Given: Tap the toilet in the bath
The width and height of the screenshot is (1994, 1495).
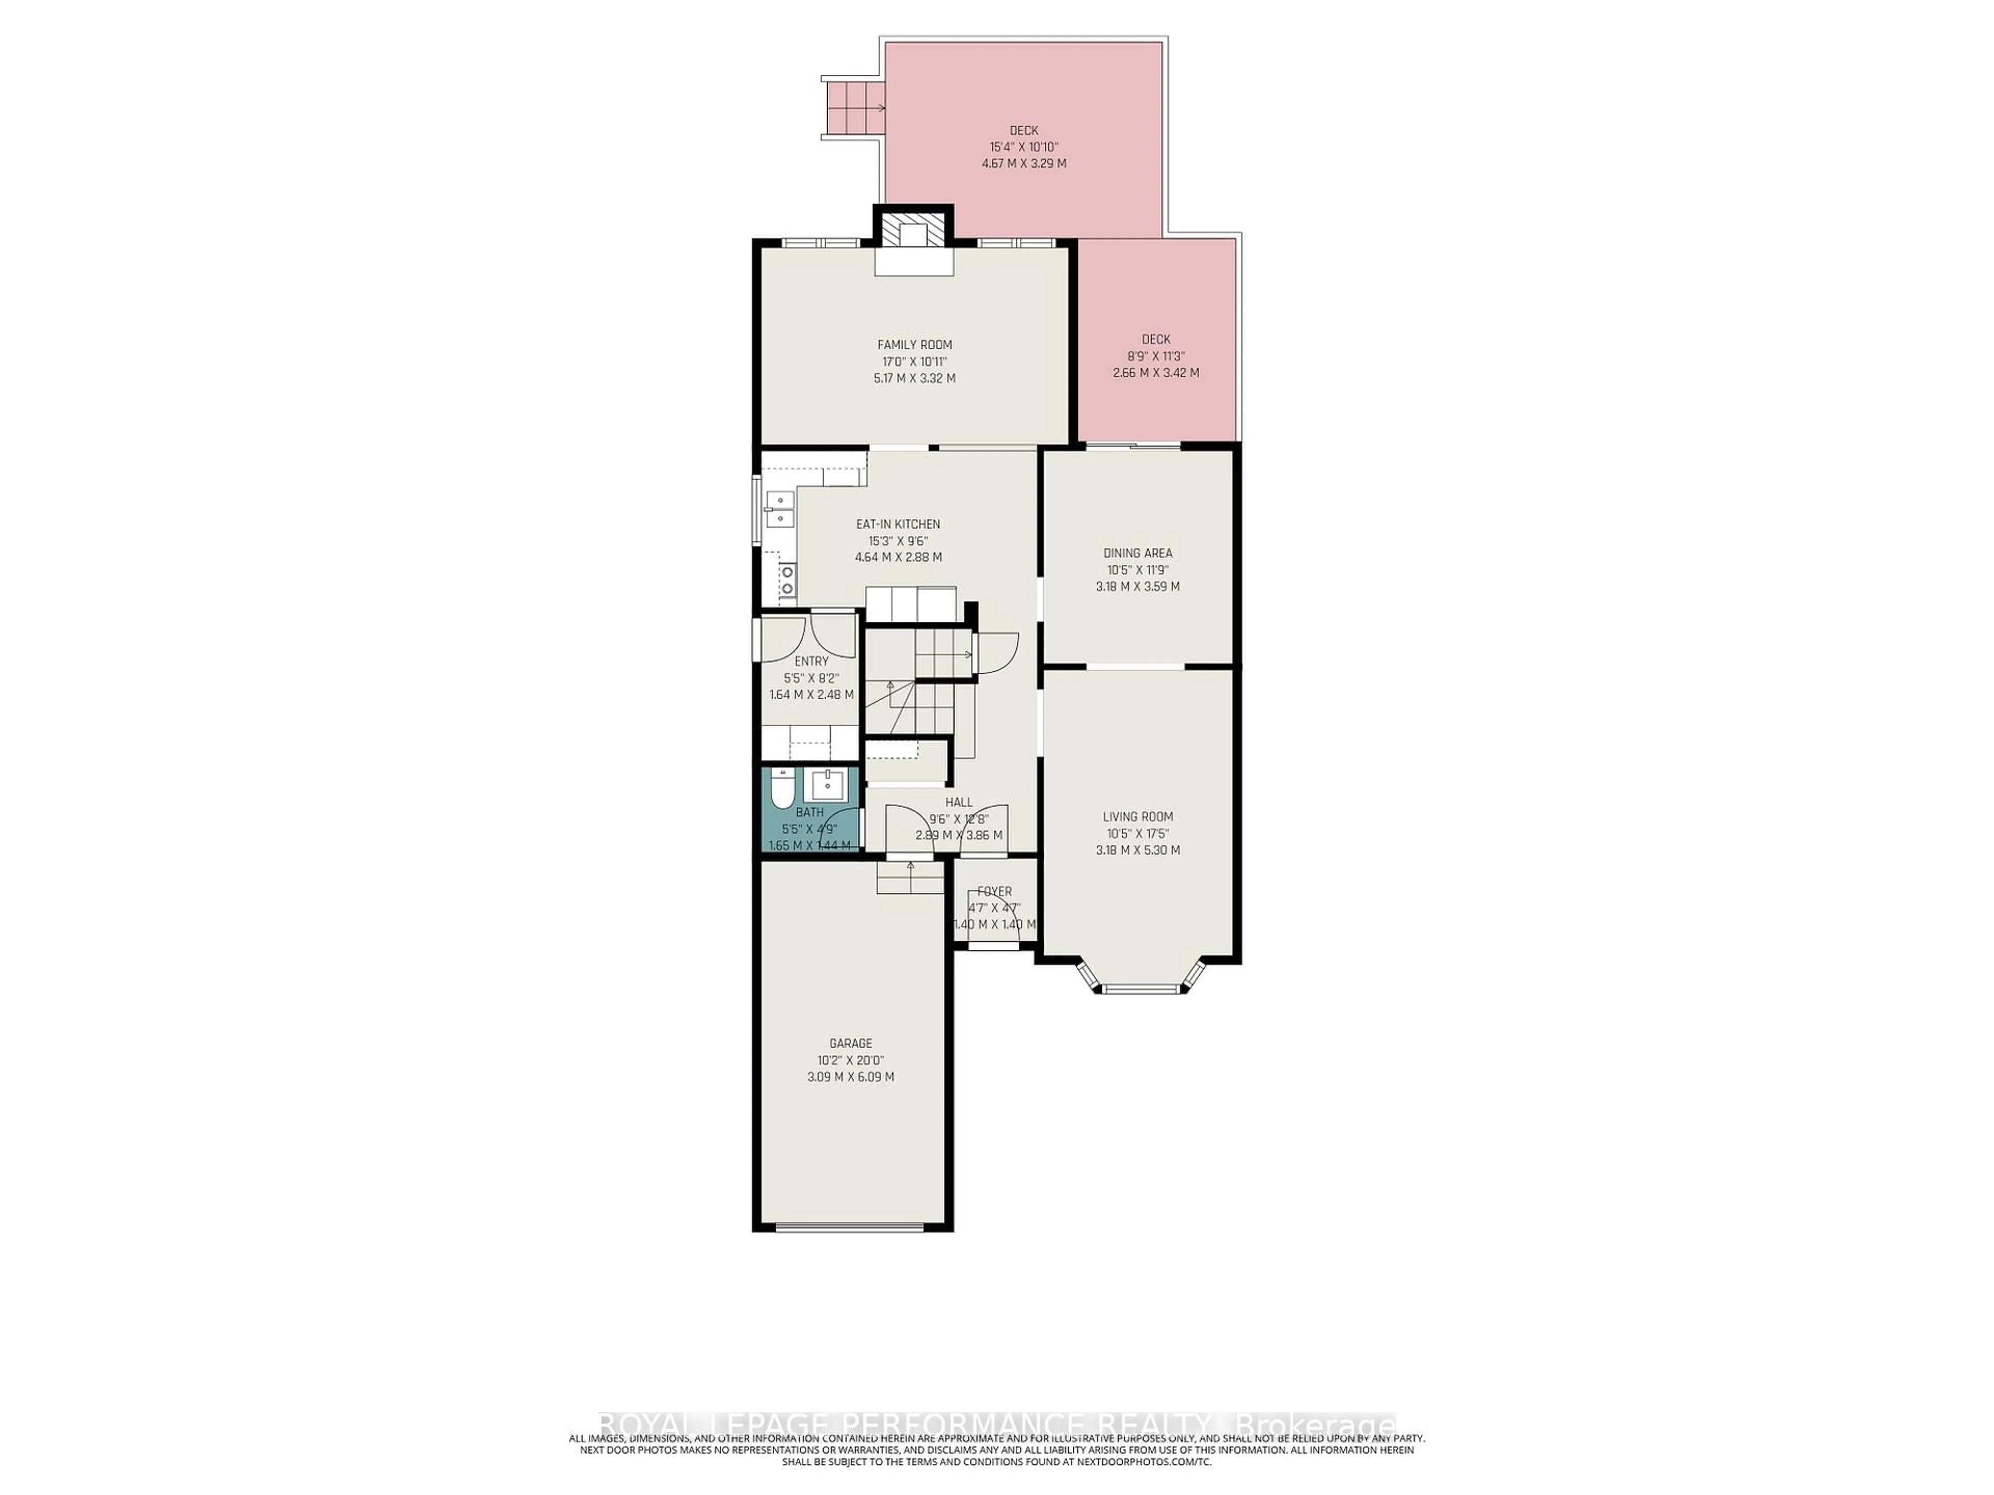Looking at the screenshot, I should click(x=782, y=791).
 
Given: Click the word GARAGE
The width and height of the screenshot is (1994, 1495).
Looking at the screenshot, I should click(x=851, y=1043).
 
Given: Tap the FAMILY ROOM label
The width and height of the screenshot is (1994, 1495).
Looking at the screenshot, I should click(x=914, y=344).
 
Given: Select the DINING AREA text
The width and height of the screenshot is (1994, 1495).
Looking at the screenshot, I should click(x=1138, y=553).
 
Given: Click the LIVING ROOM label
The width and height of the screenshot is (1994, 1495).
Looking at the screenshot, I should click(x=1138, y=817).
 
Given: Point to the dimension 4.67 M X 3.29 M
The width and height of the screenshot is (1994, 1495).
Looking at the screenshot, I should click(x=1024, y=164).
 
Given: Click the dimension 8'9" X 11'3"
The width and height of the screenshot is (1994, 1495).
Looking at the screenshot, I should click(x=1156, y=356).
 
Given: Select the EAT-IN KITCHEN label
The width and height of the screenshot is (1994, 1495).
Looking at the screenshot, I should click(x=898, y=524).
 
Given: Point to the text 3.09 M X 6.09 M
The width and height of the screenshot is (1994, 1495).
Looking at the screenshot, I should click(x=851, y=1077).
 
